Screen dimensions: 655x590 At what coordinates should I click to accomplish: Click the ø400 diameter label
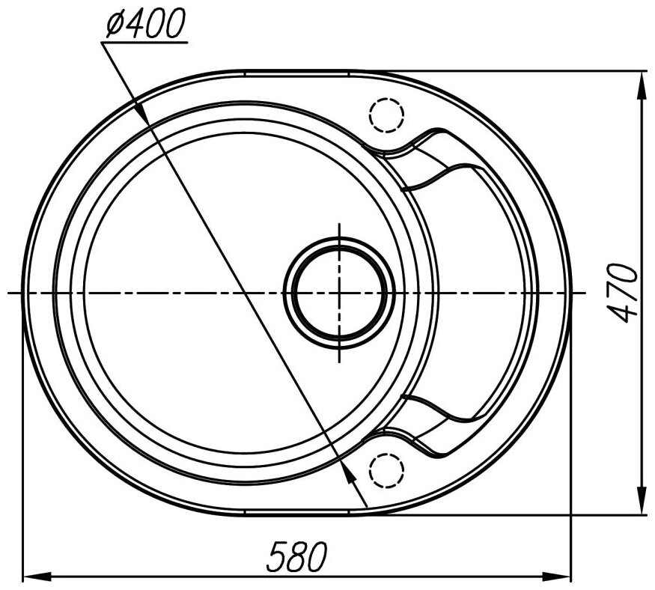click(x=145, y=23)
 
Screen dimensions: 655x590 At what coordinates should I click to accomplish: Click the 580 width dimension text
click(x=297, y=556)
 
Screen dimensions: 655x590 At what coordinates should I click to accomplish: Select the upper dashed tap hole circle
click(x=387, y=115)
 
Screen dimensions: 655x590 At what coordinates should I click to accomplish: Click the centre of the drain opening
click(x=339, y=293)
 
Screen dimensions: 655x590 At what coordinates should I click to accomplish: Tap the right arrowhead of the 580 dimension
click(x=556, y=577)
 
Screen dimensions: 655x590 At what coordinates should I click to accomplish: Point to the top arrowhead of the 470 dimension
click(x=640, y=85)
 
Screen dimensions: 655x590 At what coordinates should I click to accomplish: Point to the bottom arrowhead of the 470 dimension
click(x=640, y=499)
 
